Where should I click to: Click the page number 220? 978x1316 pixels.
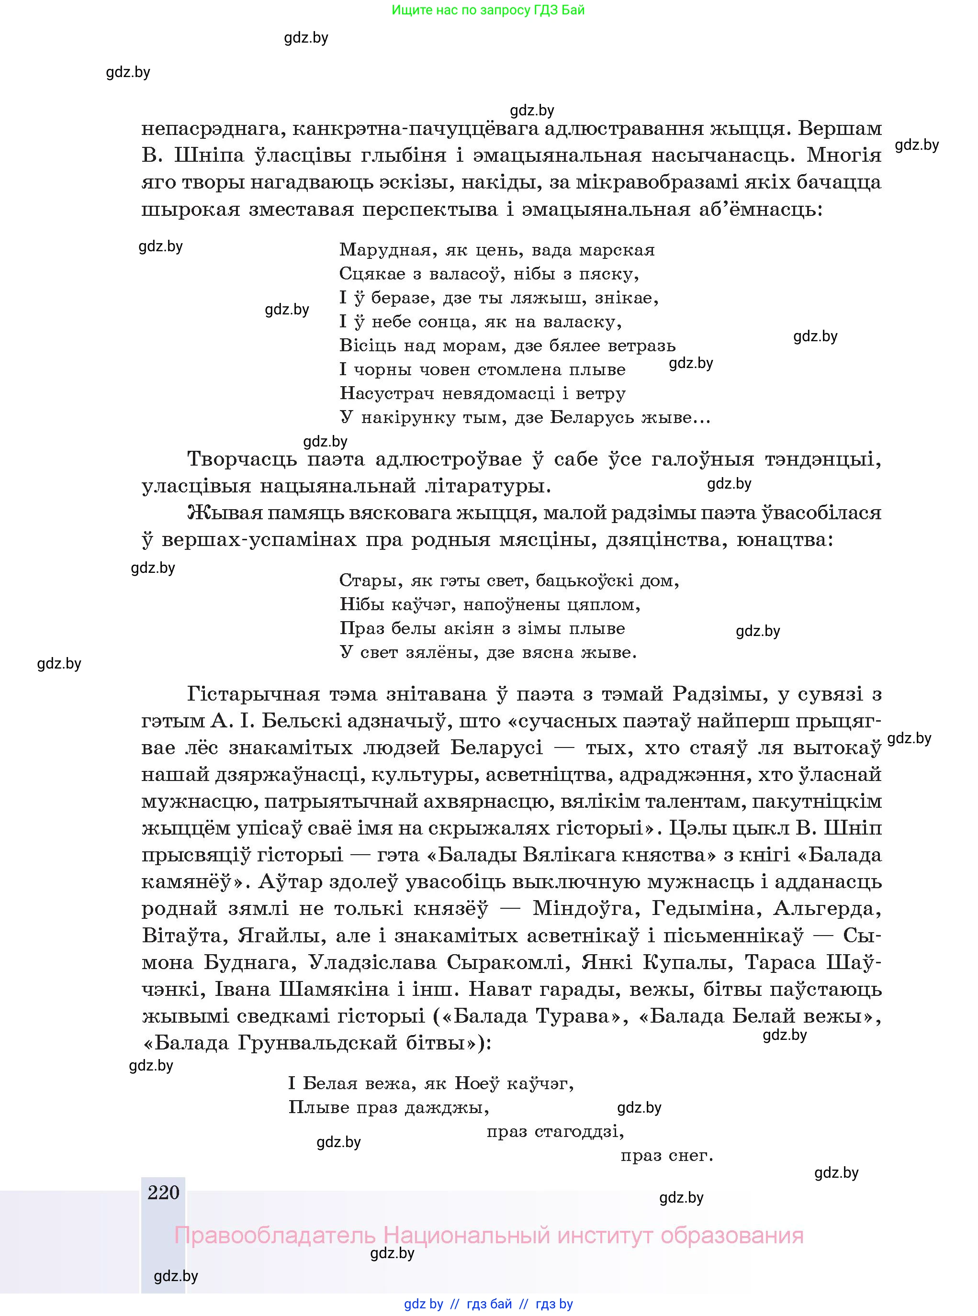163,1192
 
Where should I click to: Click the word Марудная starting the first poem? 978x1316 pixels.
385,250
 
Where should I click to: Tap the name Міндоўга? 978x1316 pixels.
577,909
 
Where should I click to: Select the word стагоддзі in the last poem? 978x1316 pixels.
578,1132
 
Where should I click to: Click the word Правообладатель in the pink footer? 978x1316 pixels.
275,1236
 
